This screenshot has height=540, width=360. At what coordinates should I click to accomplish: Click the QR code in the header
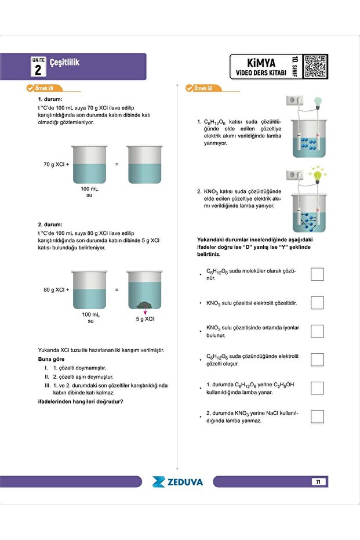point(315,66)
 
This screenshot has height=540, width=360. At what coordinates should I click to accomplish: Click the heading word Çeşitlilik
point(64,61)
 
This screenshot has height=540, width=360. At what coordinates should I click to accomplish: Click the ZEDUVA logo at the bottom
point(177,481)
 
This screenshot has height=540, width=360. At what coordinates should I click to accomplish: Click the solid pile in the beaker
point(145,305)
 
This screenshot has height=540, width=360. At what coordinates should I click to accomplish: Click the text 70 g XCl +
point(56,164)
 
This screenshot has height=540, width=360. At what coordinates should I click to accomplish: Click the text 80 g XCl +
point(56,289)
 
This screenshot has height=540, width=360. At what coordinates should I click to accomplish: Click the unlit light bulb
point(317,101)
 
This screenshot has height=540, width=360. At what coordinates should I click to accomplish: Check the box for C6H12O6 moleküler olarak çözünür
point(317,274)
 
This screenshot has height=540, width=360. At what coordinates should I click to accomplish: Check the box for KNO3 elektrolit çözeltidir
point(317,302)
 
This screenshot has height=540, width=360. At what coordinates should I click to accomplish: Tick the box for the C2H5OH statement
point(317,387)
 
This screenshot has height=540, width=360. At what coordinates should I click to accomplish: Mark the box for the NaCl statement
point(317,416)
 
